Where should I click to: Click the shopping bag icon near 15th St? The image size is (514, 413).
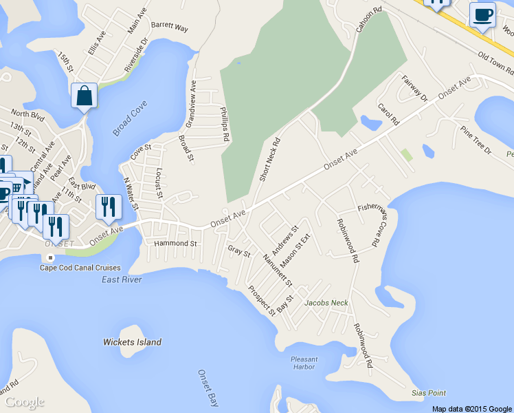click(84, 96)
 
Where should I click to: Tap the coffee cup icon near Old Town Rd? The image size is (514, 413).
click(482, 14)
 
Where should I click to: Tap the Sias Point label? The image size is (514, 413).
click(428, 393)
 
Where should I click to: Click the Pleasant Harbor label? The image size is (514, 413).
click(304, 363)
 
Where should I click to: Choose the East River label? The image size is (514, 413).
click(122, 279)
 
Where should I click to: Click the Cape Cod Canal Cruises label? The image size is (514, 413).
click(80, 268)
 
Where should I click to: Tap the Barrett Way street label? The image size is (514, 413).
click(169, 28)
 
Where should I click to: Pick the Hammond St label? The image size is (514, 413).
click(175, 244)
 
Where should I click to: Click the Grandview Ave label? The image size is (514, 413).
click(191, 103)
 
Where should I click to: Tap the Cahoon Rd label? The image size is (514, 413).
click(368, 21)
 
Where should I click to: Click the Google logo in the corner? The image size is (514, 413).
click(24, 401)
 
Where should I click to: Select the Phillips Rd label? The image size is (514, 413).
click(223, 124)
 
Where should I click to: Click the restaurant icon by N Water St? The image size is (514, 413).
click(109, 207)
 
